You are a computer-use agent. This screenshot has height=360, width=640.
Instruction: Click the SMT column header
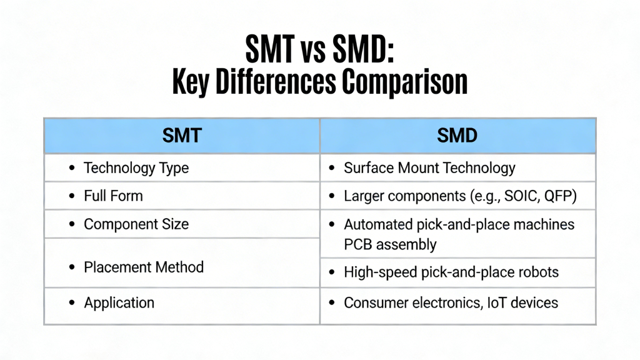coord(181,136)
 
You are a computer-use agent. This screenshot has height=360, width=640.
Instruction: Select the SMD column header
coord(457,136)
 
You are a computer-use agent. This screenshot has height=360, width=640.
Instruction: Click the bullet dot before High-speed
coord(332,273)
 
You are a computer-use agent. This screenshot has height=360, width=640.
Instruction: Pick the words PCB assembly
coord(390,244)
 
